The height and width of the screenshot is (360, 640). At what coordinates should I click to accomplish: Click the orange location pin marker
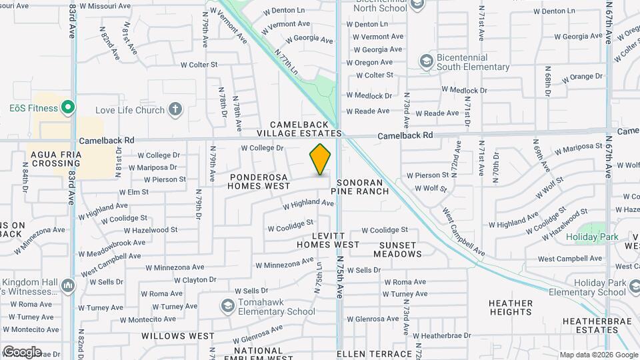320,159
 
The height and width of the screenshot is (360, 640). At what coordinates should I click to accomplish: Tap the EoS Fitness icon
67,107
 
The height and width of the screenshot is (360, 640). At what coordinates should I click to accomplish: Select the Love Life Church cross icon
175,109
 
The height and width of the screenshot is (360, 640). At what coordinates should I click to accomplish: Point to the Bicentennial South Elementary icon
426,62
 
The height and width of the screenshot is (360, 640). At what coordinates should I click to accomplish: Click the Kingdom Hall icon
67,286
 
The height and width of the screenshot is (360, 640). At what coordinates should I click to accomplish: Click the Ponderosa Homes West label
259,182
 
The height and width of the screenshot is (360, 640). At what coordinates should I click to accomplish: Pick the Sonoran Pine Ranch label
363,187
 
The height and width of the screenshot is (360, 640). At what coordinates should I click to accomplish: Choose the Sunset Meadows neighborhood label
397,249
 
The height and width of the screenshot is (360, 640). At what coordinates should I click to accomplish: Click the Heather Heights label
510,307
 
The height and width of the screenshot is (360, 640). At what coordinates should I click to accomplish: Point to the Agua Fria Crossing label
56,159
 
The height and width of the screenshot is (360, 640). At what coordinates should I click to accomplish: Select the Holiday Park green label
592,237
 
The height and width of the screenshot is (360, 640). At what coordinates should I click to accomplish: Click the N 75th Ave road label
340,276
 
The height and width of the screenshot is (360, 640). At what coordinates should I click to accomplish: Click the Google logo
21,351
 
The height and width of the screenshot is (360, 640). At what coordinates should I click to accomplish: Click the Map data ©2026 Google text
598,355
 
